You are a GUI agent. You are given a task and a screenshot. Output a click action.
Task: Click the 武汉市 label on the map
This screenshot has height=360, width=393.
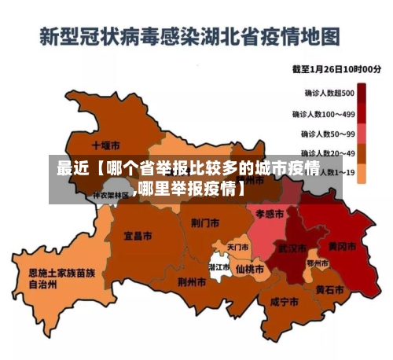tap(293, 248)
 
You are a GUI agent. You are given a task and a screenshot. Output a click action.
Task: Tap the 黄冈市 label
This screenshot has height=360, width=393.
tap(342, 246)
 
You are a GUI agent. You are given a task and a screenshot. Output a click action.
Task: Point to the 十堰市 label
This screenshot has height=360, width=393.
tap(105, 145)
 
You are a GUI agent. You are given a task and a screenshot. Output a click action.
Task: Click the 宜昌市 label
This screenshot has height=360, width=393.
tap(138, 235)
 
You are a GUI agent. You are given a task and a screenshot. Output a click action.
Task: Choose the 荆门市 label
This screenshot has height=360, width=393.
tap(205, 222)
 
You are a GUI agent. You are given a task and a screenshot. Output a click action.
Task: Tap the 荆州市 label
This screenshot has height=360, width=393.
tap(191, 281)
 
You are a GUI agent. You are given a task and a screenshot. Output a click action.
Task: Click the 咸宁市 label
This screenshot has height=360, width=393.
tap(284, 302)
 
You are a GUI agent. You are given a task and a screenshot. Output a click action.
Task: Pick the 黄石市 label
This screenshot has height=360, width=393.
tap(329, 289)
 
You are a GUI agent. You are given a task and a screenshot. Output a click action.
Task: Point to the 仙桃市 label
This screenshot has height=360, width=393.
tap(250, 267)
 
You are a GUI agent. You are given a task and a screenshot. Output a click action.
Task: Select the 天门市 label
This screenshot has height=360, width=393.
tap(238, 247)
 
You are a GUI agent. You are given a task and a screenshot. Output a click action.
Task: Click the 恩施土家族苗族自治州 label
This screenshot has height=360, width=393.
tap(56, 279)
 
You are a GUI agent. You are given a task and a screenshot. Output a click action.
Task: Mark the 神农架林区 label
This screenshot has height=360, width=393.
tap(110, 196)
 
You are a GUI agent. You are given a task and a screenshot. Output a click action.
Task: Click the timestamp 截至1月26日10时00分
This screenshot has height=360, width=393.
tap(336, 70)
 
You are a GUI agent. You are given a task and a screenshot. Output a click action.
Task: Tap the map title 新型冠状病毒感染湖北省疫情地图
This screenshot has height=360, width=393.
tap(189, 36)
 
